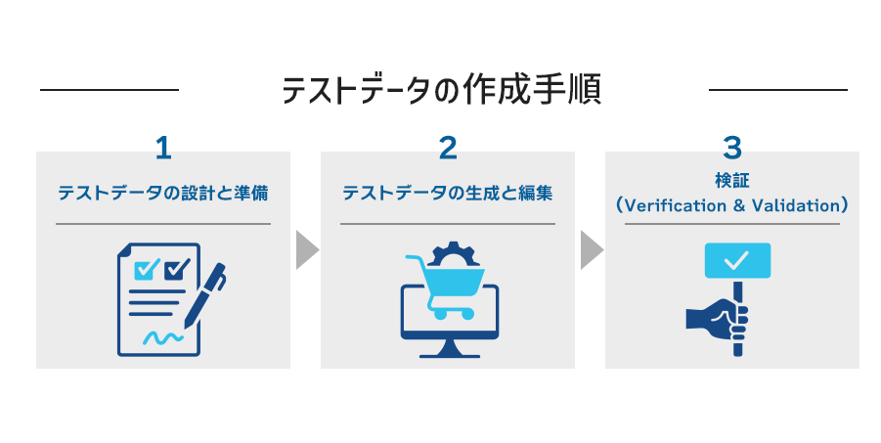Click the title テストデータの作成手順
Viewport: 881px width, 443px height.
pos(441,90)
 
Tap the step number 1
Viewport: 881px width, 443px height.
pos(163,148)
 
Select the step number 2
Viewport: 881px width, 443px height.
pos(448,148)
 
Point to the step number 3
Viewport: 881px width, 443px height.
pos(732,148)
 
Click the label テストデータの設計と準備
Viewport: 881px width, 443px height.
pos(163,193)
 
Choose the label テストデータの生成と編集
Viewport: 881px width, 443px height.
pos(448,193)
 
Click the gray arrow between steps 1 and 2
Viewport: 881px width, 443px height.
pos(307,249)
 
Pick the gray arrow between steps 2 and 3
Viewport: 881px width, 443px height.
pos(592,249)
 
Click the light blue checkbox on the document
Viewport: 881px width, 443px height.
pos(147,268)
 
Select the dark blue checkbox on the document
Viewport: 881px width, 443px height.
pos(176,268)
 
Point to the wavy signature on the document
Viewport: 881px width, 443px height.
pos(160,337)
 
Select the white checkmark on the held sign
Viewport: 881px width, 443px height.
pos(736,260)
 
